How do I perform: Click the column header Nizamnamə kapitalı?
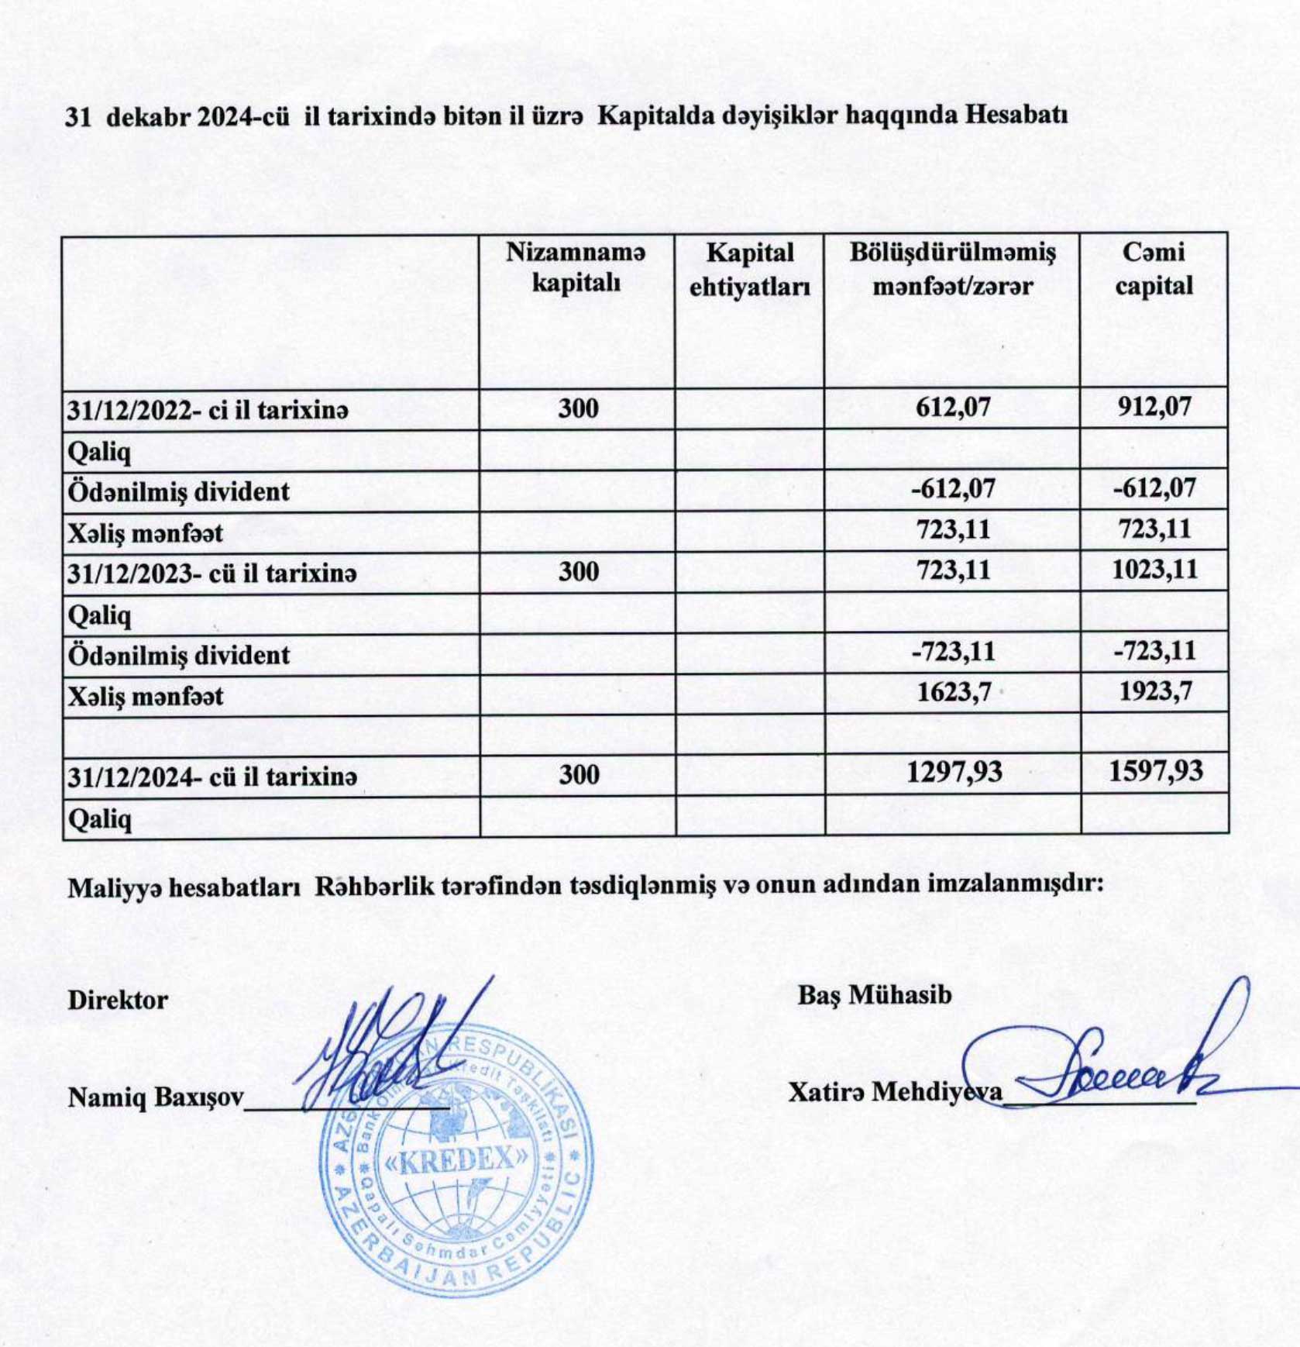point(576,267)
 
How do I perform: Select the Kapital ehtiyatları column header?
point(749,270)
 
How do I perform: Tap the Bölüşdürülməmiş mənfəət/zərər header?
point(952,269)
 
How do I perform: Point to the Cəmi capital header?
point(1154,269)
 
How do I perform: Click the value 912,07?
point(1154,407)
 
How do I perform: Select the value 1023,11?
point(1154,570)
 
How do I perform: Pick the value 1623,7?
point(954,691)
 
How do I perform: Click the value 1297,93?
point(954,772)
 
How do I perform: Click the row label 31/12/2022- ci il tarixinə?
point(208,410)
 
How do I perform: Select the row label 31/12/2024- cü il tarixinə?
point(212,776)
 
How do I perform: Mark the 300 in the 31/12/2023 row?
point(578,572)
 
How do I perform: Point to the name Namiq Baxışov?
point(155,1097)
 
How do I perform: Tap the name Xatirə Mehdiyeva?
point(895,1092)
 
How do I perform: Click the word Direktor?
point(118,1000)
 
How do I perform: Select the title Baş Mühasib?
point(875,995)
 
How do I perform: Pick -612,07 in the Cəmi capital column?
point(1154,488)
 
